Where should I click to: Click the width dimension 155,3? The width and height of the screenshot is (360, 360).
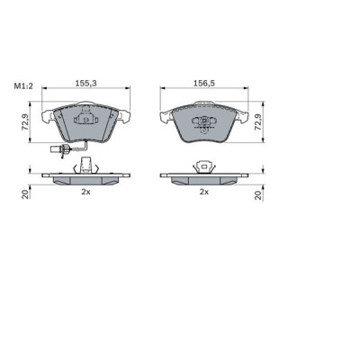(85, 82)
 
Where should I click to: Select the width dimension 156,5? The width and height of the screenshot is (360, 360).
(204, 82)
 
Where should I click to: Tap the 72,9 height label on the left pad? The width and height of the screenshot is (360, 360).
(27, 120)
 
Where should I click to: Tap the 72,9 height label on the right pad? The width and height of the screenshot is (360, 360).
(259, 120)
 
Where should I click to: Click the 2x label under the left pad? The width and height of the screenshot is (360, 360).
(85, 192)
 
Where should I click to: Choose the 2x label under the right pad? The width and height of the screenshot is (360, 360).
(204, 192)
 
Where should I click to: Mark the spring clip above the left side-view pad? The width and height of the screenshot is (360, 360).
(86, 165)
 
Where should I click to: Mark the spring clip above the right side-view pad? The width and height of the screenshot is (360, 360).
(204, 165)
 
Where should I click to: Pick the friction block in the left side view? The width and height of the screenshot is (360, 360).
(86, 181)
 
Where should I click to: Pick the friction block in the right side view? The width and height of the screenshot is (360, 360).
(204, 181)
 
